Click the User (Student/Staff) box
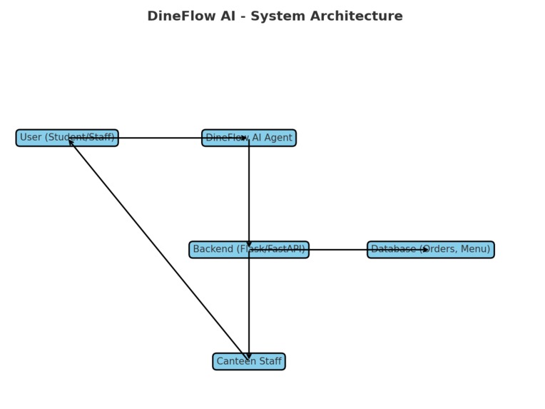tap(67, 138)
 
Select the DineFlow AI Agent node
tap(249, 138)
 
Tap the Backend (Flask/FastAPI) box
tap(249, 250)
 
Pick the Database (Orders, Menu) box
tap(430, 250)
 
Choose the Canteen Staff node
tap(249, 361)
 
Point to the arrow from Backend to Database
tap(339, 250)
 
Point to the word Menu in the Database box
tap(474, 250)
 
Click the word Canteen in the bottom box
tap(237, 362)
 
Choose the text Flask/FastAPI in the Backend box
tap(270, 250)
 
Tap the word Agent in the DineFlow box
tap(277, 138)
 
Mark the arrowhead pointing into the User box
tap(70, 141)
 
